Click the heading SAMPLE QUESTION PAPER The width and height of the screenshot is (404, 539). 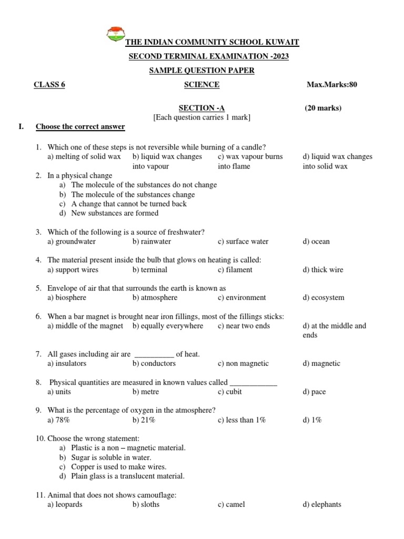coord(201,71)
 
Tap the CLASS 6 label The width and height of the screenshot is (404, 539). coord(49,85)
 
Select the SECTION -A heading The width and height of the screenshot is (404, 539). coord(201,108)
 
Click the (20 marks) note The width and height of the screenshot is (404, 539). coord(323,108)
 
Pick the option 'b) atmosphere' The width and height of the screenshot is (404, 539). coord(155,297)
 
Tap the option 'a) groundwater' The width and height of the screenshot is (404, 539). coord(72,242)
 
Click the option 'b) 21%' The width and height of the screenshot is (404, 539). coord(144,420)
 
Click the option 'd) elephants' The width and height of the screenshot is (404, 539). coord(322,504)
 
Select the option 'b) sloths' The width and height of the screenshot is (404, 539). coord(146,504)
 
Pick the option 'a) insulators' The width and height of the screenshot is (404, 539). coord(67,363)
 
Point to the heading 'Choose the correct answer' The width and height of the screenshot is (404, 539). coord(80,127)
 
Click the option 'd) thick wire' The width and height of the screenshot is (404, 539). coord(322,269)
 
